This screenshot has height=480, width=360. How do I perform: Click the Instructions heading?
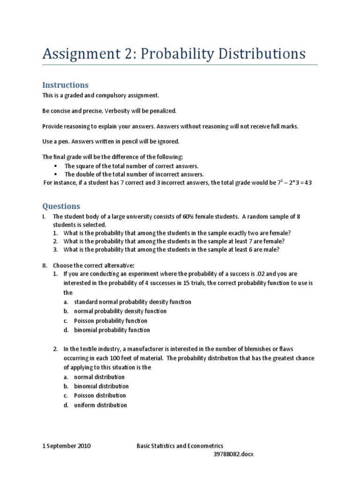(x=65, y=85)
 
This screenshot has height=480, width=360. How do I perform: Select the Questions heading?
(x=61, y=206)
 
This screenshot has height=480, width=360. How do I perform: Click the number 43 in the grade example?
(x=308, y=183)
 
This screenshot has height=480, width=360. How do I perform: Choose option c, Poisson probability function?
(x=110, y=321)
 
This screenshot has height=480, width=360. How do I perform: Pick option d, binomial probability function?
(x=112, y=330)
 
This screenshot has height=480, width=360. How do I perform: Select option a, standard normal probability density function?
(x=133, y=302)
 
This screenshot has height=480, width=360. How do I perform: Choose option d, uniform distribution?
(x=101, y=405)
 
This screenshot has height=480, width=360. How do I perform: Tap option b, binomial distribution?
(x=101, y=386)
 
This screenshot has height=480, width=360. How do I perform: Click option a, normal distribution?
(x=99, y=377)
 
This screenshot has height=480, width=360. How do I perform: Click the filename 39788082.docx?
(x=233, y=454)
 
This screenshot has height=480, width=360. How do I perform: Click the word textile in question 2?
(x=93, y=349)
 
